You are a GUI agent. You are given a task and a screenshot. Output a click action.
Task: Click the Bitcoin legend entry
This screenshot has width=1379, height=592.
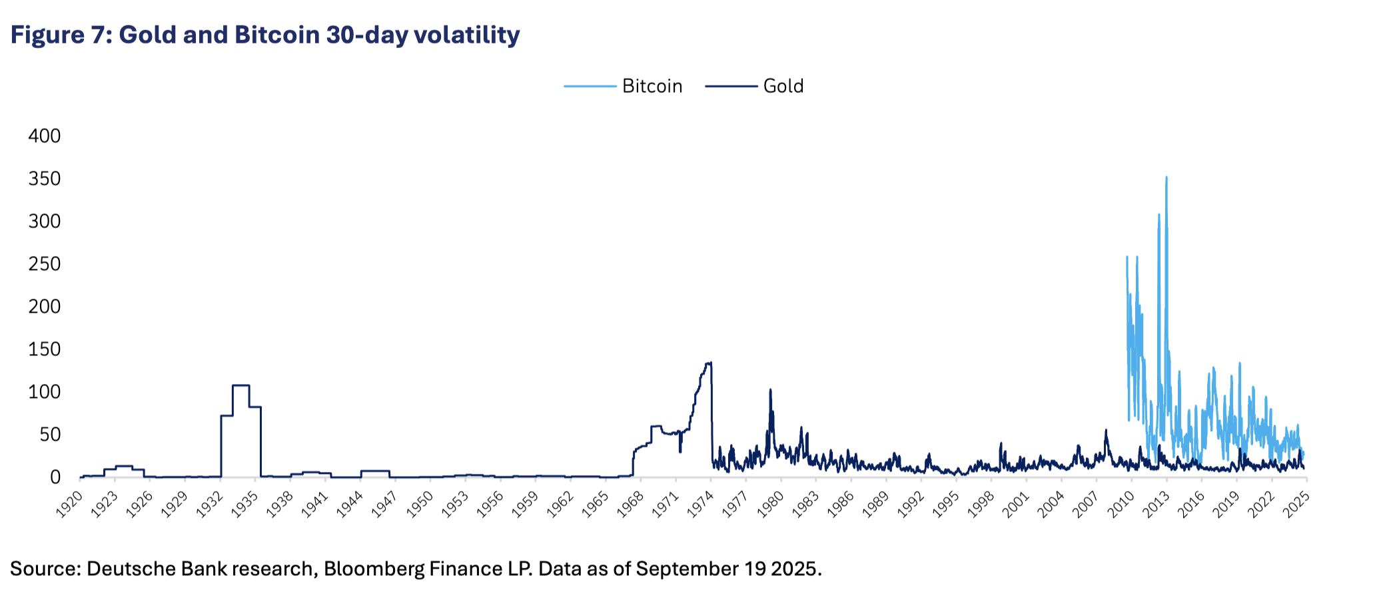652,86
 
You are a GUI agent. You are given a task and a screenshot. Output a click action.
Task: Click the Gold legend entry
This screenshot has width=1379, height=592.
783,86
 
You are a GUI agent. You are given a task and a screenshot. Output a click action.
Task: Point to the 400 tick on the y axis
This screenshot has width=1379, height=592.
45,136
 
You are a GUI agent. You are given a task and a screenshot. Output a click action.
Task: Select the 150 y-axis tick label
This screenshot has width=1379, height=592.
45,349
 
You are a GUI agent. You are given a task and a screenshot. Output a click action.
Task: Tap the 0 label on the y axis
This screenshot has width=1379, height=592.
55,477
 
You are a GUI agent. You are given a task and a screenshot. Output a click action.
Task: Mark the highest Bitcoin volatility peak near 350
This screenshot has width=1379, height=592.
1166,178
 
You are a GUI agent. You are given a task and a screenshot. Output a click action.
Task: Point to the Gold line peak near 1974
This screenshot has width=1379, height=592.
710,363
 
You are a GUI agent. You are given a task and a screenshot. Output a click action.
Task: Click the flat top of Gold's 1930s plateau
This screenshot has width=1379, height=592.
240,385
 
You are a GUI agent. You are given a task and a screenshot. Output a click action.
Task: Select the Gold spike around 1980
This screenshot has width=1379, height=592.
770,390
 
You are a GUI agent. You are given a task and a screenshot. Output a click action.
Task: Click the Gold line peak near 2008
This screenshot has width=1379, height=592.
1106,431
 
